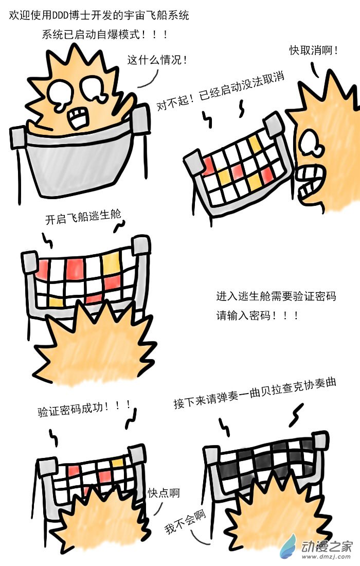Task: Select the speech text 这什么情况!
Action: click(x=157, y=60)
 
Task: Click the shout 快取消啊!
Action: click(x=314, y=50)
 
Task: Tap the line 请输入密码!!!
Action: click(x=257, y=315)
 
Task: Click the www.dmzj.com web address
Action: click(x=326, y=557)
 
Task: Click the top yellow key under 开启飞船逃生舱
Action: click(x=110, y=262)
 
